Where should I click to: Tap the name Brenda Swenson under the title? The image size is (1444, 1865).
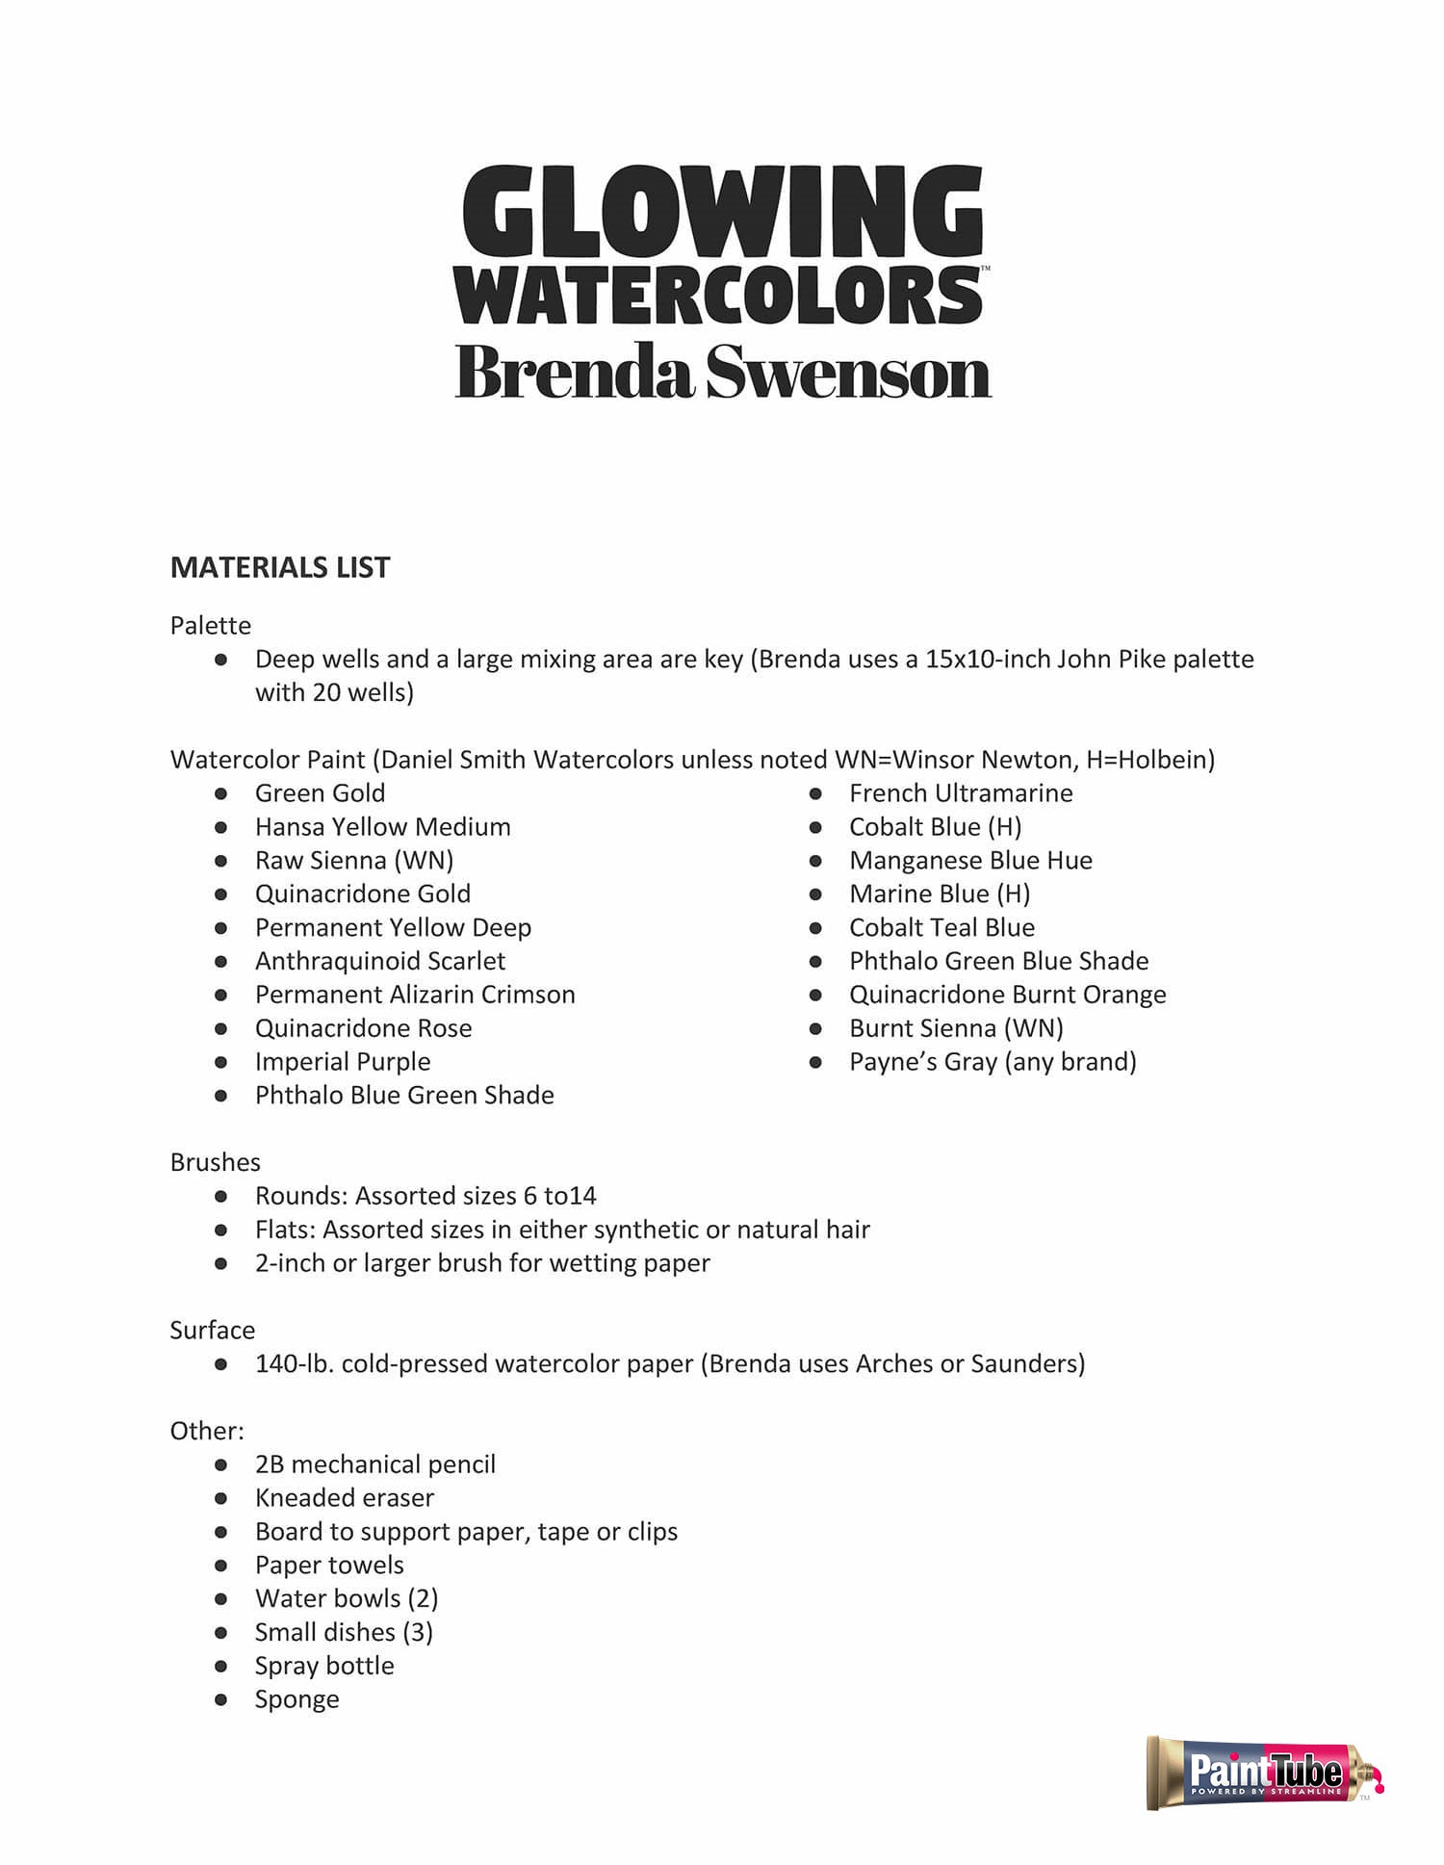click(722, 373)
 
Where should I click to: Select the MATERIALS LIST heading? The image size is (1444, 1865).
click(280, 568)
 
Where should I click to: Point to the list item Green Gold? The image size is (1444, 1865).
click(320, 793)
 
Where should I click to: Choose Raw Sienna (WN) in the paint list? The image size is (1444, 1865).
click(353, 861)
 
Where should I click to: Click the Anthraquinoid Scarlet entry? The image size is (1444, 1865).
click(379, 961)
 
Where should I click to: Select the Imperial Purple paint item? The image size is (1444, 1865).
click(342, 1062)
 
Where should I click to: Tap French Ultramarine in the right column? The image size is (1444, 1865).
click(960, 793)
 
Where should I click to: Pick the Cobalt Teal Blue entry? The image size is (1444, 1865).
click(941, 927)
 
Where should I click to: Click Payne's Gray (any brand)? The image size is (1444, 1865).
click(992, 1062)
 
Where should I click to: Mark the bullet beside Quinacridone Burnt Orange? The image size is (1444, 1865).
click(815, 995)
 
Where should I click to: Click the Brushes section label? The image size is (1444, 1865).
click(215, 1162)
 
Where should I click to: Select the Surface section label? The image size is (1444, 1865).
click(212, 1331)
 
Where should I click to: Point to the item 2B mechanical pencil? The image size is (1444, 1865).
click(374, 1464)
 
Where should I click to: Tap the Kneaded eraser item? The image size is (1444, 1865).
click(344, 1498)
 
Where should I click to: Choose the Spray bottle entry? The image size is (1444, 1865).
click(323, 1666)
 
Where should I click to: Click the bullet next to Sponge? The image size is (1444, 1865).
click(220, 1699)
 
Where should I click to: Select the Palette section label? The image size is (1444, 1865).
click(210, 626)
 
